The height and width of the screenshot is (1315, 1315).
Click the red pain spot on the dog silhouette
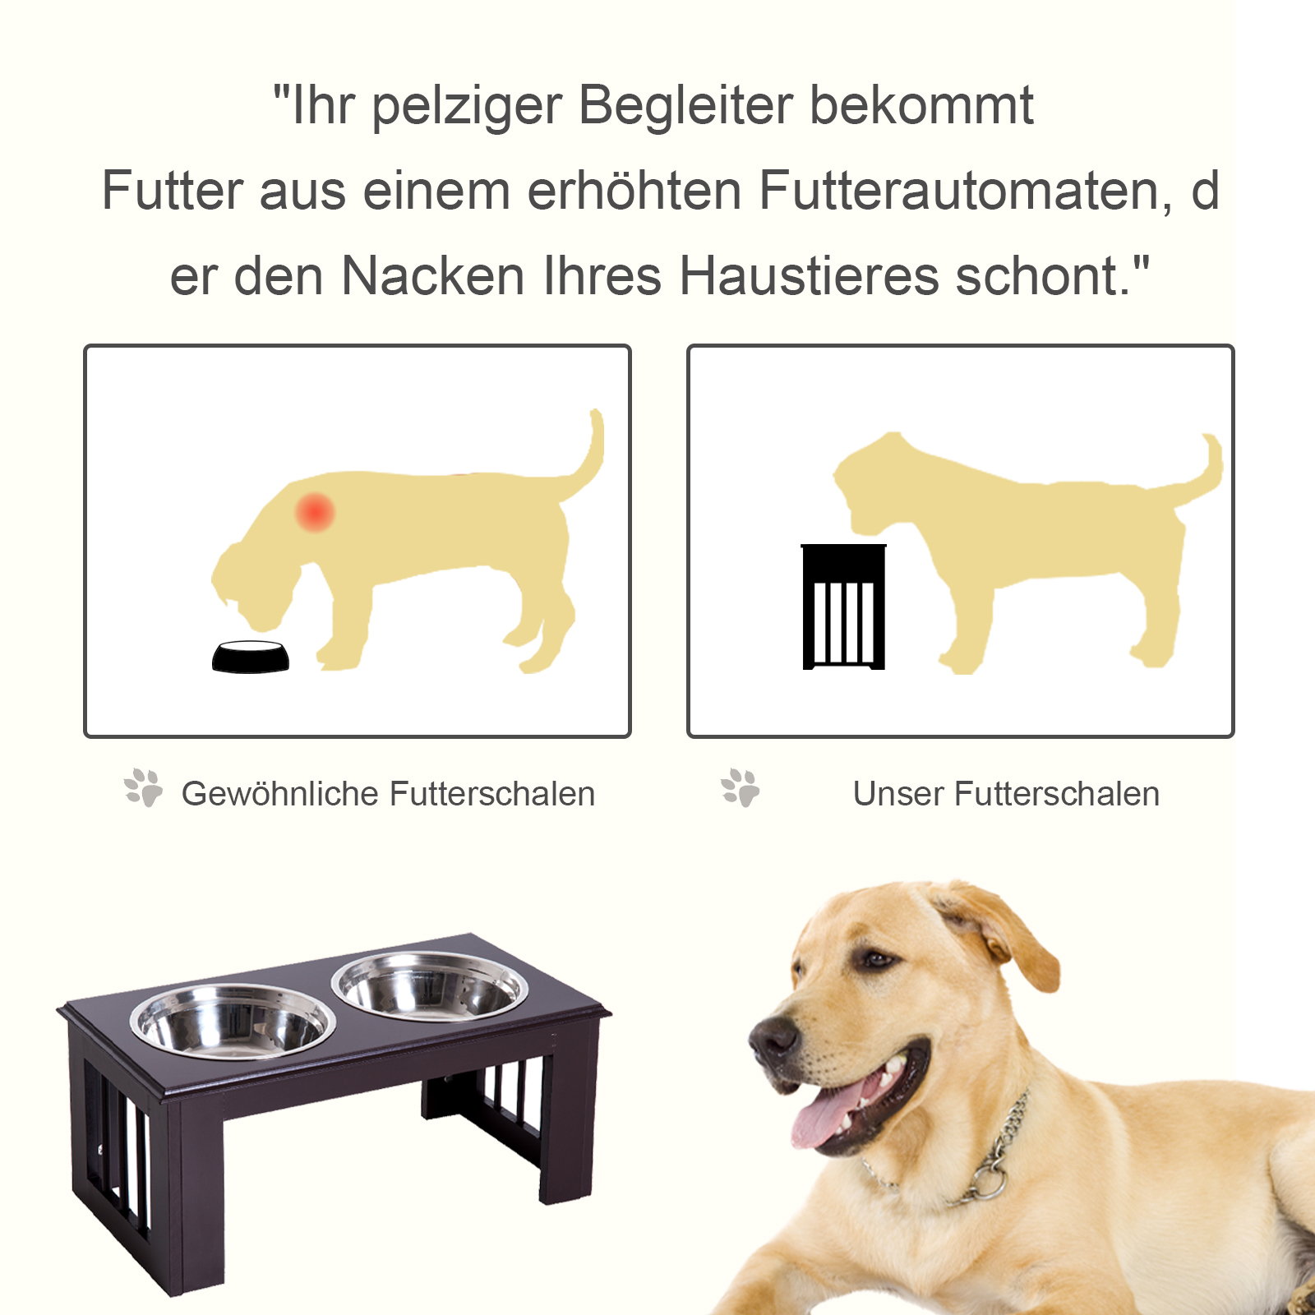tap(315, 512)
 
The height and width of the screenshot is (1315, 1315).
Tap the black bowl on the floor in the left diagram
tap(251, 657)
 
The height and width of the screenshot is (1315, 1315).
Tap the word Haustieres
tap(809, 276)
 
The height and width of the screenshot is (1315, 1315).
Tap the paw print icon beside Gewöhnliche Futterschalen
tap(144, 788)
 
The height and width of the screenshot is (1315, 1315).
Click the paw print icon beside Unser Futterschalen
tap(741, 788)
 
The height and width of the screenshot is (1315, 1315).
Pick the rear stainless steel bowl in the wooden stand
tap(430, 987)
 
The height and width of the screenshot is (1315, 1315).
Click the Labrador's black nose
tap(773, 1038)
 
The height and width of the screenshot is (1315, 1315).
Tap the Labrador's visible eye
tap(877, 958)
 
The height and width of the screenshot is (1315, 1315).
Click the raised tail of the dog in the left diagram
tap(590, 456)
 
